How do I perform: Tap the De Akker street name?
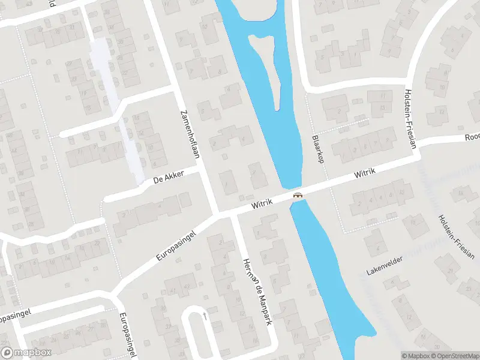(x=168, y=177)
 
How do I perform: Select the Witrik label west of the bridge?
(x=262, y=204)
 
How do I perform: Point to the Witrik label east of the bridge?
(x=365, y=174)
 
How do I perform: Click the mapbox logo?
(x=26, y=353)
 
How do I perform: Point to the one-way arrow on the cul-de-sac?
(x=205, y=314)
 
